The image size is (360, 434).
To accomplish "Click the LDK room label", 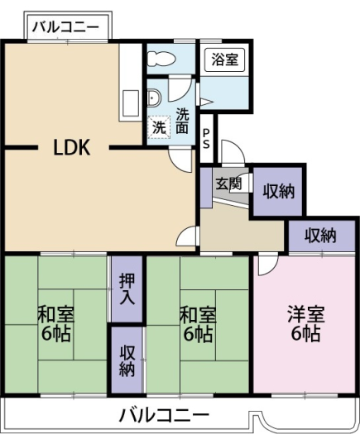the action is pyautogui.click(x=72, y=147).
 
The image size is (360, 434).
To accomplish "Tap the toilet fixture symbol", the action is pyautogui.click(x=161, y=59).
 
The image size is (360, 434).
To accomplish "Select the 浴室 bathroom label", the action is pyautogui.click(x=225, y=60).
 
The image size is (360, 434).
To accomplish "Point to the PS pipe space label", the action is pyautogui.click(x=206, y=139).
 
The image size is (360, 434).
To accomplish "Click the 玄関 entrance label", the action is pyautogui.click(x=228, y=184).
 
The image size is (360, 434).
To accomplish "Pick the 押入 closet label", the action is pyautogui.click(x=127, y=289).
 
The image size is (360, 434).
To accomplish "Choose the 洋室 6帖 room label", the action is pyautogui.click(x=306, y=323).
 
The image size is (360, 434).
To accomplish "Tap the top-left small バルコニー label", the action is pyautogui.click(x=65, y=27).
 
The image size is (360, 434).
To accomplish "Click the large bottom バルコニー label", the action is pyautogui.click(x=164, y=415).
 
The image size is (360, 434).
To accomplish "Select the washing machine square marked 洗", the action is pyautogui.click(x=159, y=127).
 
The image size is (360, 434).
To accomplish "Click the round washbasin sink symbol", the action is pyautogui.click(x=153, y=98).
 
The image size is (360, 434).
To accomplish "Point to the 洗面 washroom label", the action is pyautogui.click(x=182, y=121).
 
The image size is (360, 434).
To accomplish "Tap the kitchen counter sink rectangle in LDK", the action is pyautogui.click(x=130, y=103).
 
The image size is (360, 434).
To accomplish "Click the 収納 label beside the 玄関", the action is pyautogui.click(x=278, y=191).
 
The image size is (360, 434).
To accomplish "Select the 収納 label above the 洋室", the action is pyautogui.click(x=320, y=236).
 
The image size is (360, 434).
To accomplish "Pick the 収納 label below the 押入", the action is pyautogui.click(x=127, y=361).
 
